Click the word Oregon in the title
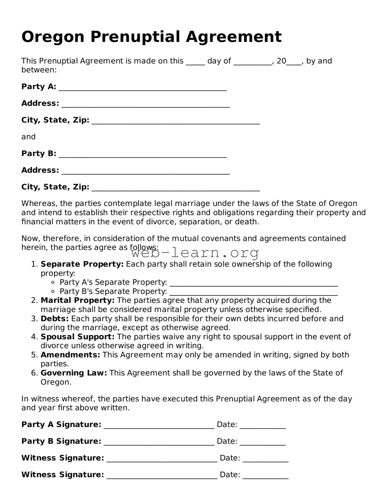(x=53, y=37)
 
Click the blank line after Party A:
(x=143, y=87)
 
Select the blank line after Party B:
(x=143, y=154)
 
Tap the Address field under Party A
(x=145, y=104)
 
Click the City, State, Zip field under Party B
(x=176, y=188)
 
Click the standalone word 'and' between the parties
(x=28, y=137)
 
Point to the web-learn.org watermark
(x=195, y=252)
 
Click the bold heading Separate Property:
(x=82, y=264)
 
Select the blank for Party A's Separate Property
(x=253, y=283)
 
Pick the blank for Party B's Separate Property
(x=253, y=292)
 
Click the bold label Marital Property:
(x=77, y=301)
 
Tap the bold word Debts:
(x=54, y=318)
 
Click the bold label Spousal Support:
(x=77, y=337)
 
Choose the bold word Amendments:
(x=70, y=355)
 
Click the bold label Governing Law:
(x=74, y=373)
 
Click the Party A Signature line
(x=159, y=425)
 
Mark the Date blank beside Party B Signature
(x=263, y=442)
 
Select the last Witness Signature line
(x=162, y=475)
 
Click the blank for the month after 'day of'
(x=252, y=62)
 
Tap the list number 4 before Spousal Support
(x=34, y=337)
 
